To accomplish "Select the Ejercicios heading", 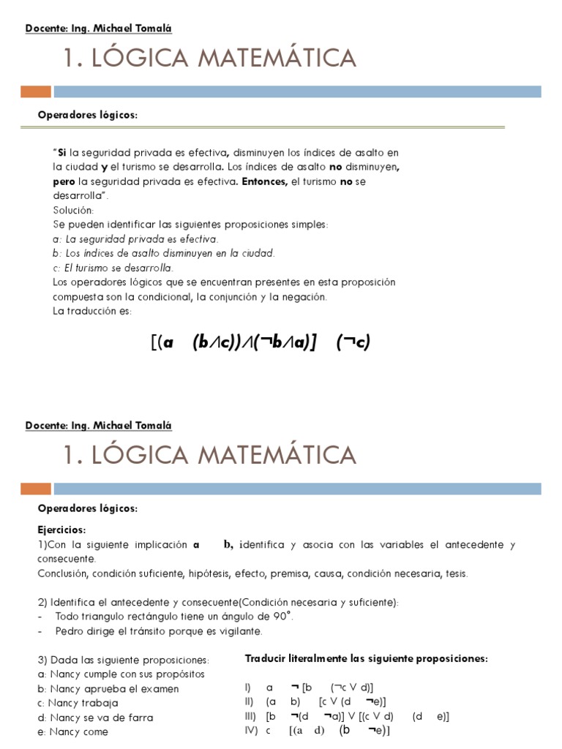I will [x=61, y=530].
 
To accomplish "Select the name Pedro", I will [x=70, y=631].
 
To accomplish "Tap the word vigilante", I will [x=239, y=631].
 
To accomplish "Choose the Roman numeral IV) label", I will [x=251, y=731].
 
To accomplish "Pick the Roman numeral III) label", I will [x=251, y=716].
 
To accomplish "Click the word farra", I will [x=140, y=718].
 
